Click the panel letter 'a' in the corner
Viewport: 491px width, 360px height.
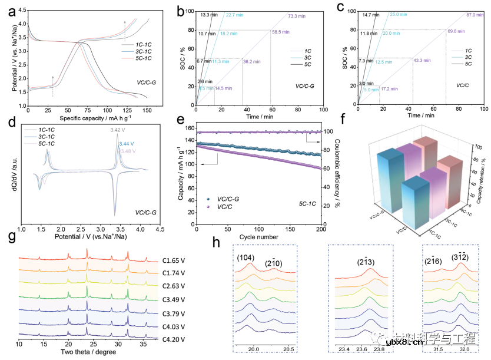click(11, 11)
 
